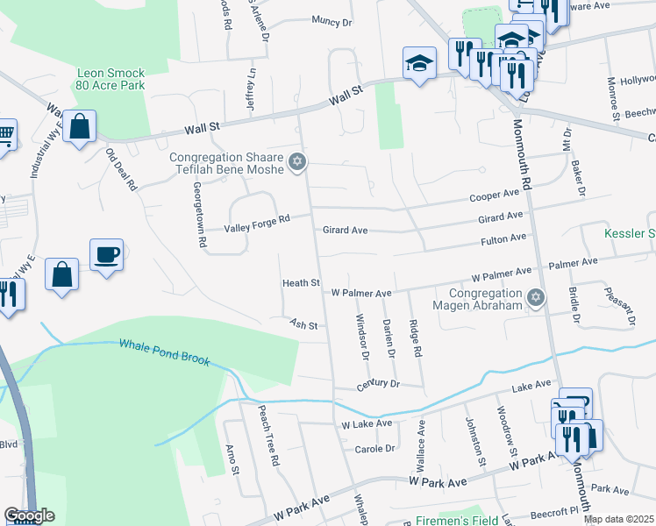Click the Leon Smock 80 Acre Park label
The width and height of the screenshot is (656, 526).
[111, 80]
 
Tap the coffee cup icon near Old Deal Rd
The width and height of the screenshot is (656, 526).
[106, 255]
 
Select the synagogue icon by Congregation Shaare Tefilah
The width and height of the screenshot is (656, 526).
[297, 161]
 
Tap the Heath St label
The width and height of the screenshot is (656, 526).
[299, 283]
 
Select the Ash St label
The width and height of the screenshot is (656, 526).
[303, 323]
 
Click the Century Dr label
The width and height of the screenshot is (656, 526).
[378, 385]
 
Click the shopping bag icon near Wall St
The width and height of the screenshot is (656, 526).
[79, 126]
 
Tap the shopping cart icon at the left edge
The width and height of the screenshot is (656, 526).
[5, 134]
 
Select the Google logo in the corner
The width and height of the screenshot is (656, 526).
[29, 515]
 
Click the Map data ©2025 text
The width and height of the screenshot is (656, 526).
[618, 519]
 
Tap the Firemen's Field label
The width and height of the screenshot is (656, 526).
[456, 517]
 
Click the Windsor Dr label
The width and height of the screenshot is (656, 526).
[362, 337]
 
